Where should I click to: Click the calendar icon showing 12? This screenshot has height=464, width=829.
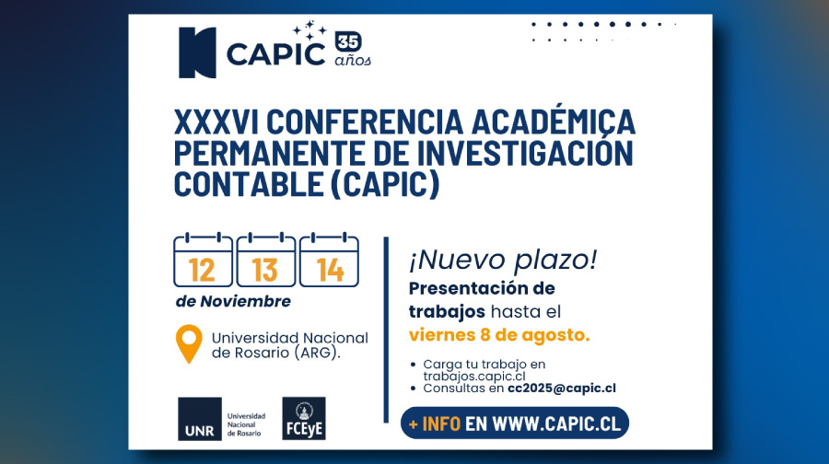coord(203,261)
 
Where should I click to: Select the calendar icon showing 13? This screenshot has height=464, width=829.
coord(265,261)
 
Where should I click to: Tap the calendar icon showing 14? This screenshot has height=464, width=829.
coord(329,261)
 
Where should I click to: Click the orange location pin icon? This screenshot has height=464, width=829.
coord(189,343)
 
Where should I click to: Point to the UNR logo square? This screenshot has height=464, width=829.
coord(200,419)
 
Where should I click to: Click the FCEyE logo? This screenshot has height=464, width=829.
coord(303,419)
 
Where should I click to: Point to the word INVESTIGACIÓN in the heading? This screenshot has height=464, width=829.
coord(529,153)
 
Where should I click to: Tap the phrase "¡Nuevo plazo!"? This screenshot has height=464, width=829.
coord(502,261)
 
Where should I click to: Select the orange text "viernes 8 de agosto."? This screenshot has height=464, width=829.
coord(499,334)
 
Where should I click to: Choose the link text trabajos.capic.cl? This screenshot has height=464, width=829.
coord(474,376)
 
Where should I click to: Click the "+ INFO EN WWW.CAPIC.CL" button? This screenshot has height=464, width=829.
coord(515,423)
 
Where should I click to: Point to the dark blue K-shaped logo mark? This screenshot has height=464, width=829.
coord(197,52)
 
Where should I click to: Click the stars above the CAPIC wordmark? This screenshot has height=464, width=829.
coord(315,31)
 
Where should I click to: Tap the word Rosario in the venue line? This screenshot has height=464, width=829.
coord(257,353)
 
